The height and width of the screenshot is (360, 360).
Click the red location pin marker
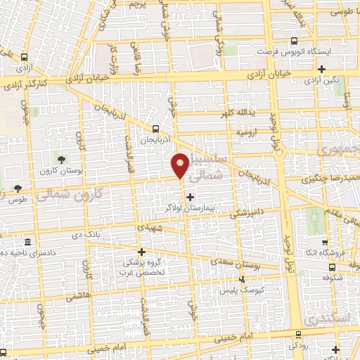(x=181, y=166)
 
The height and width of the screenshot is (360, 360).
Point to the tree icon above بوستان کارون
(x=60, y=159)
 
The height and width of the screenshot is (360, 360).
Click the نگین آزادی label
(x=323, y=81)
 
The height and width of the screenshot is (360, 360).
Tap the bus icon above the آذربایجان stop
(x=155, y=129)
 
